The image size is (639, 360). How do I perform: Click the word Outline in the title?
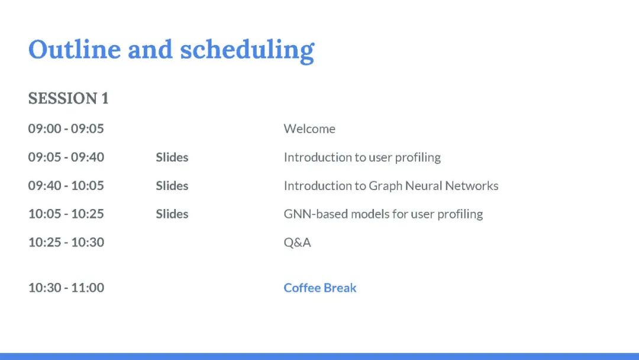pyautogui.click(x=75, y=49)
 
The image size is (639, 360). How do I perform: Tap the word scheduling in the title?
pyautogui.click(x=247, y=51)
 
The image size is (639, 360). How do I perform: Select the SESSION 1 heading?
pyautogui.click(x=68, y=98)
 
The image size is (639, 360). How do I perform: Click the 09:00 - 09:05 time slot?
pyautogui.click(x=66, y=128)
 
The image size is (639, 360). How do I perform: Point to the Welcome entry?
pyautogui.click(x=309, y=129)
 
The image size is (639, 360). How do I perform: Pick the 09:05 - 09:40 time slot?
pyautogui.click(x=66, y=157)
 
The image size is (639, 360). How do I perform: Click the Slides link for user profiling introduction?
pyautogui.click(x=172, y=157)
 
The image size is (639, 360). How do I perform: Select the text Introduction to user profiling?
pyautogui.click(x=362, y=157)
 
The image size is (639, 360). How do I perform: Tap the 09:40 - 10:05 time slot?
pyautogui.click(x=66, y=185)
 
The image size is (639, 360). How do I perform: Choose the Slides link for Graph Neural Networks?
pyautogui.click(x=172, y=186)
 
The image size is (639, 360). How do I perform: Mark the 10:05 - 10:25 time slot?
pyautogui.click(x=66, y=214)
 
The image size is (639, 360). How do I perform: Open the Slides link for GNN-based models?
pyautogui.click(x=172, y=214)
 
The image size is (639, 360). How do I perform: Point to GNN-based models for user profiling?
pyautogui.click(x=383, y=214)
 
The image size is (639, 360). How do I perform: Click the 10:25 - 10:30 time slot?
pyautogui.click(x=66, y=242)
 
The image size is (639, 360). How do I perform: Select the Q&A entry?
pyautogui.click(x=297, y=243)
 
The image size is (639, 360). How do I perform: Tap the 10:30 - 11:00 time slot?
pyautogui.click(x=66, y=287)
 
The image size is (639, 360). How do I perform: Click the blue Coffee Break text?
pyautogui.click(x=320, y=288)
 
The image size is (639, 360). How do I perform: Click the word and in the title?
pyautogui.click(x=150, y=49)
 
